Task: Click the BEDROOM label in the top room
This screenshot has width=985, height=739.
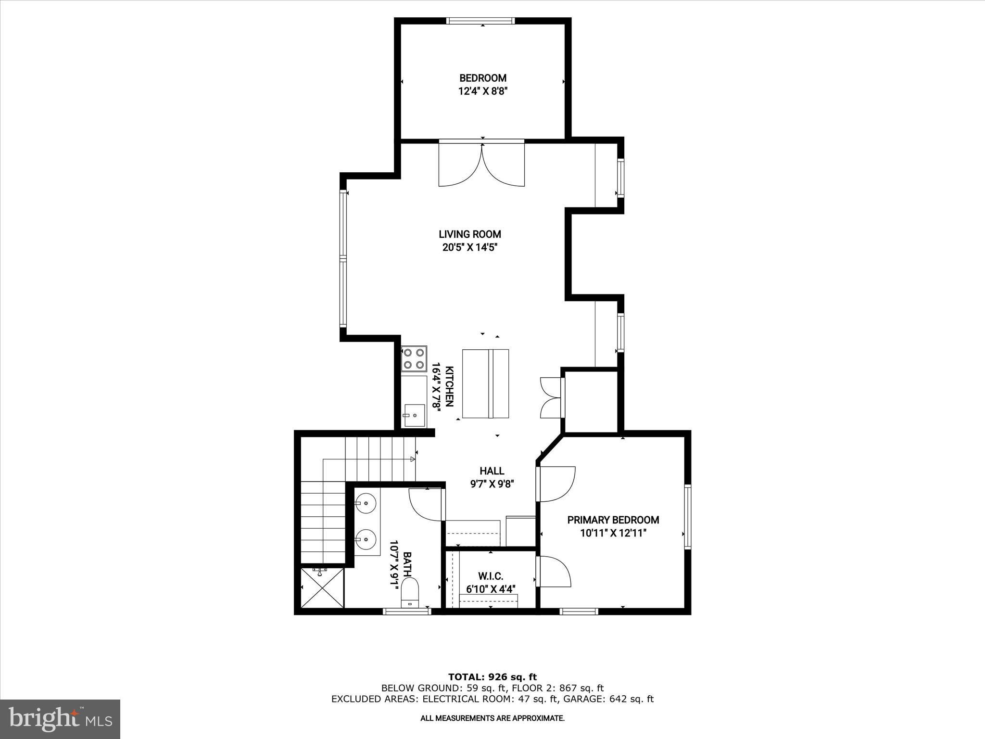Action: (483, 78)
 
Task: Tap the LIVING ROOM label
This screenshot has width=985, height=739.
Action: (469, 234)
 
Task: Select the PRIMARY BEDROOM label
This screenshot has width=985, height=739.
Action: (613, 520)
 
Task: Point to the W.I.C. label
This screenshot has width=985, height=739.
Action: (491, 576)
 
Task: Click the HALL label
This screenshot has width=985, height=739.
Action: (492, 471)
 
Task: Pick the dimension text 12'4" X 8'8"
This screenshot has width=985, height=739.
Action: (483, 91)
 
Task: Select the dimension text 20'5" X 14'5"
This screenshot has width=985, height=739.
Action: (469, 248)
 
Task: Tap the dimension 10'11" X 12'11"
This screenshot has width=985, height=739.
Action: (613, 533)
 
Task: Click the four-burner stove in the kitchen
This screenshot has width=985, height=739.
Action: (414, 359)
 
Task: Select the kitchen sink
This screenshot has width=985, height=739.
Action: (414, 415)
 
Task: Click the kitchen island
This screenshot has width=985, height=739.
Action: (485, 383)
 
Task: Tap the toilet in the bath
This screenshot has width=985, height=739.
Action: (410, 592)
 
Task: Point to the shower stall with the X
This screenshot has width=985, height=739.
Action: (322, 588)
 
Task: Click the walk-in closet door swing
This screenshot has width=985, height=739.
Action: (554, 572)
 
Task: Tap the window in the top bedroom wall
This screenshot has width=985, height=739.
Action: (480, 21)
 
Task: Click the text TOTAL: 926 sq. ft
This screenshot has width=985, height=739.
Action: (492, 677)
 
